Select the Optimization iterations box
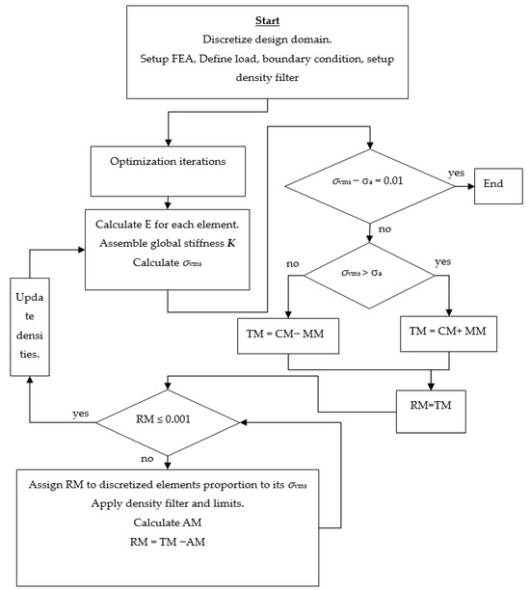click(x=170, y=162)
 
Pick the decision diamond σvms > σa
click(x=370, y=275)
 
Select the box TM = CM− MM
click(x=288, y=334)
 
